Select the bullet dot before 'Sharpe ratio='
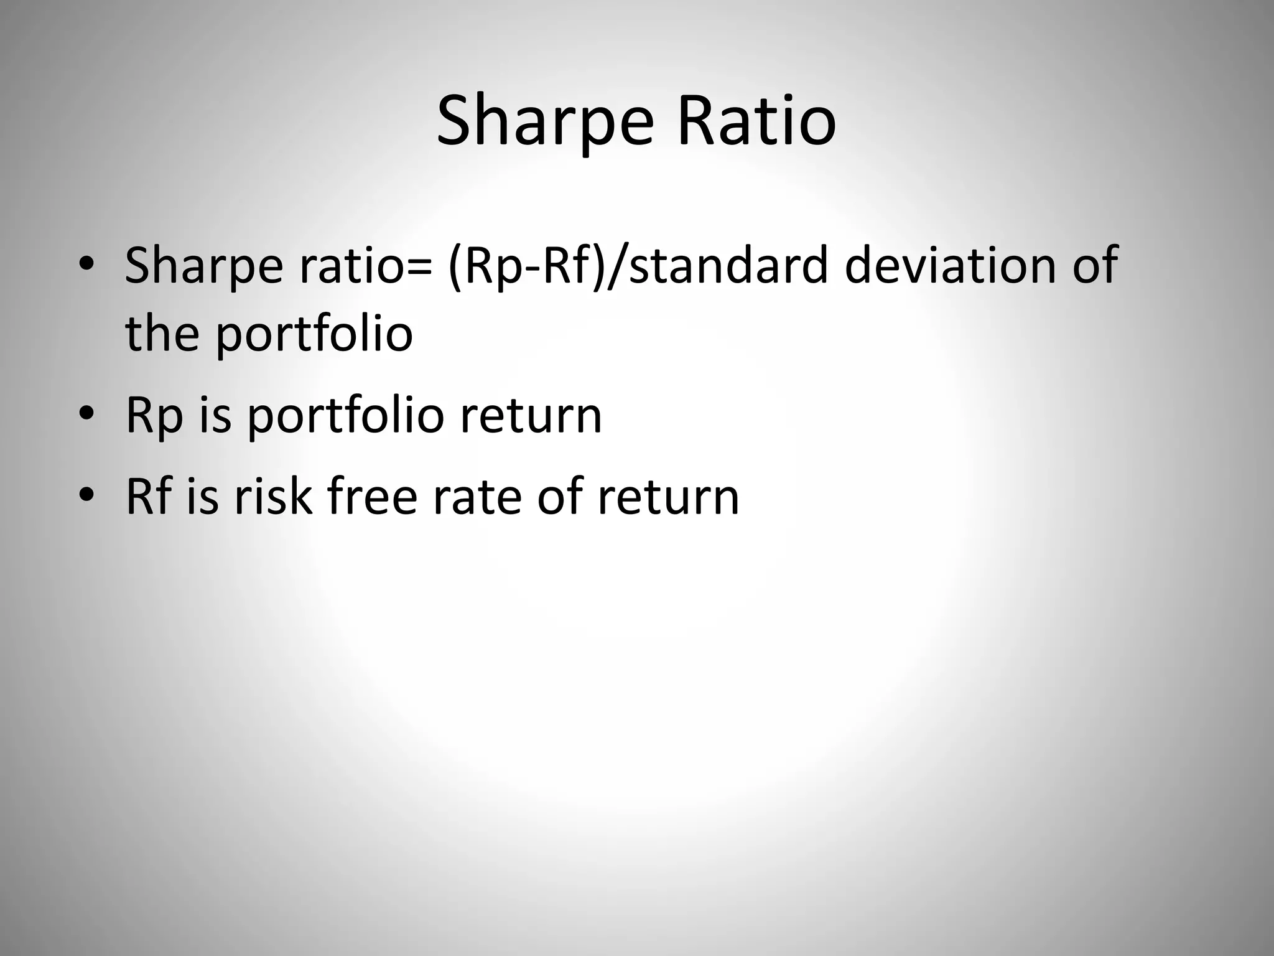(86, 265)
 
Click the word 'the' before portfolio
(162, 332)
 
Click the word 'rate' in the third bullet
(477, 497)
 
